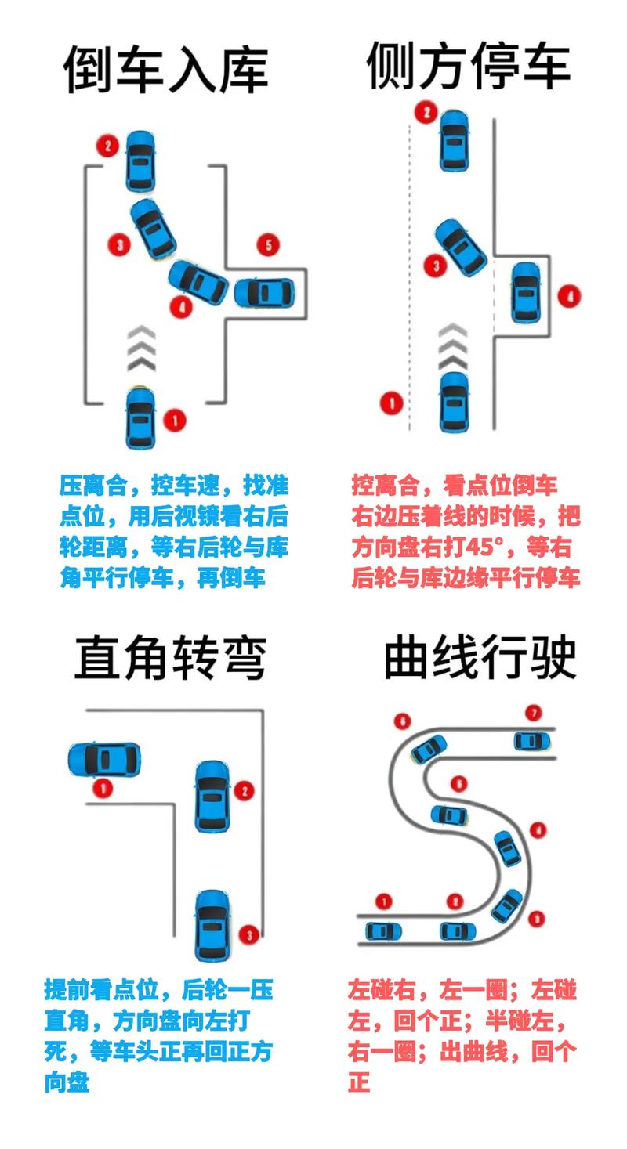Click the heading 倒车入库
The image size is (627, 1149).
point(166,68)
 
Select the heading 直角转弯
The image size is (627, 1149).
point(171,657)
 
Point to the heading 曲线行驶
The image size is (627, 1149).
point(480,657)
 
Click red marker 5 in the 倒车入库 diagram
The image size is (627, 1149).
point(268,245)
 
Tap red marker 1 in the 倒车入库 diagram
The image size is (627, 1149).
point(174,420)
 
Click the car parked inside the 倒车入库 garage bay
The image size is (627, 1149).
point(266,293)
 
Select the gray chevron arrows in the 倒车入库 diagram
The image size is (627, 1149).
point(142,349)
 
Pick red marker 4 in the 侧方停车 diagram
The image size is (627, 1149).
point(569,296)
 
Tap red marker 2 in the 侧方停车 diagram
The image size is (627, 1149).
point(426,113)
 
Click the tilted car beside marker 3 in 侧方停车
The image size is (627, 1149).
point(461,246)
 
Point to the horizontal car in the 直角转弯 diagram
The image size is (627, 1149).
point(104,759)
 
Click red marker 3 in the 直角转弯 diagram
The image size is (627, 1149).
point(248,934)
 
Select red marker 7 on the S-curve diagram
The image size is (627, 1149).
point(534,714)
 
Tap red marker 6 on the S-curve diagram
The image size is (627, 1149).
point(403,721)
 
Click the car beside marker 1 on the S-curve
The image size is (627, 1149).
point(383,931)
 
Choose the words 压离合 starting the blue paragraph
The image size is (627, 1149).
point(92,486)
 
